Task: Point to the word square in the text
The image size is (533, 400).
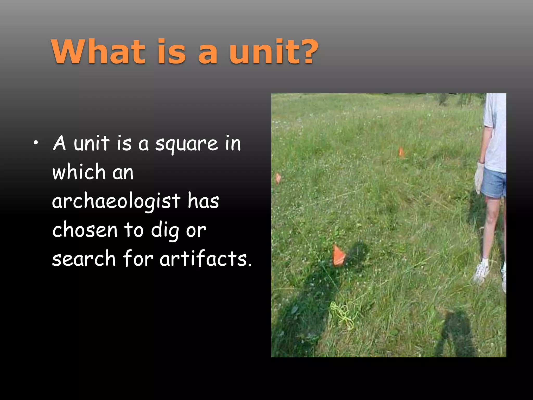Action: point(186,144)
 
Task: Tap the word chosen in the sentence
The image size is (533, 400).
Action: point(85,230)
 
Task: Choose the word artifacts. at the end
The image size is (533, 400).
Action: point(206,259)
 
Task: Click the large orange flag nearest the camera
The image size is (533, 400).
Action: point(339,255)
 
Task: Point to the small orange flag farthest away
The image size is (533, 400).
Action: point(401,152)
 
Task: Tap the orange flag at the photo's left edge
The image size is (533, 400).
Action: point(278,178)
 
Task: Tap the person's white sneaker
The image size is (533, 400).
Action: point(481,272)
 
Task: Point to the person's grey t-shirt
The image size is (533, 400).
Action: point(495,133)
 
